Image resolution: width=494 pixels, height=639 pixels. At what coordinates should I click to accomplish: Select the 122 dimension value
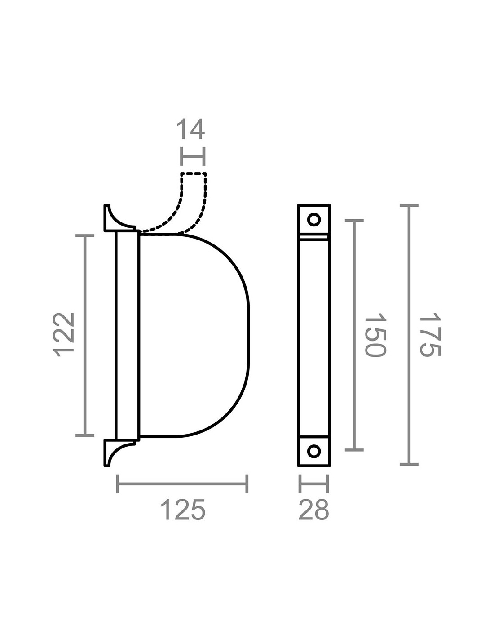tap(63, 335)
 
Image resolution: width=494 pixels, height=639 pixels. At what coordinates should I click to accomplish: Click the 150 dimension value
tap(375, 335)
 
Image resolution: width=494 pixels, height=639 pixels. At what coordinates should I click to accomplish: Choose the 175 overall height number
tap(430, 335)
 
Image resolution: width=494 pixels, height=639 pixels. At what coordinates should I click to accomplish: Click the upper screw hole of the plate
tap(314, 219)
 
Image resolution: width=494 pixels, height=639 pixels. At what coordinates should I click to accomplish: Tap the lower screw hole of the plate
tap(314, 451)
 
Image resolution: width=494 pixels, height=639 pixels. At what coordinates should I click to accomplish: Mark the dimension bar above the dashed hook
tap(193, 157)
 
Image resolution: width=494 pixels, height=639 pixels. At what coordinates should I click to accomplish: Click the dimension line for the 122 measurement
tap(85, 336)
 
